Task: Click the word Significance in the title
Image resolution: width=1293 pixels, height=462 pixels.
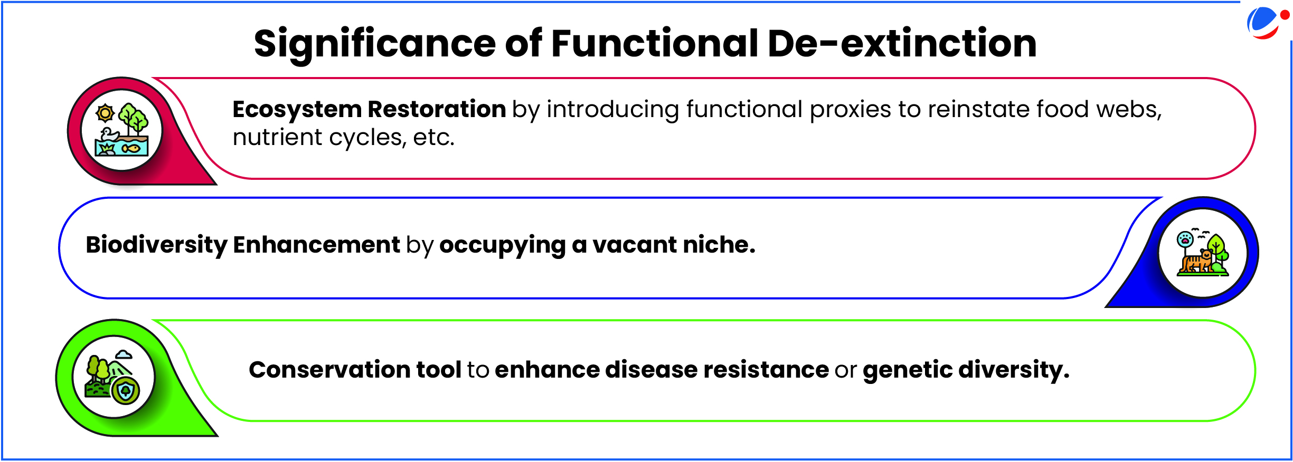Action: click(375, 44)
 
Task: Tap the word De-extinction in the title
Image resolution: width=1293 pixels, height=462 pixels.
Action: click(902, 43)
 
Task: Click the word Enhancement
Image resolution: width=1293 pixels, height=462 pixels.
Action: click(317, 245)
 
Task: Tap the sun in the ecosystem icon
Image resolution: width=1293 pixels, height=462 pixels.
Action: click(105, 113)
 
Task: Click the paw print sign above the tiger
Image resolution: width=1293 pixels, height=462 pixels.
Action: click(1184, 240)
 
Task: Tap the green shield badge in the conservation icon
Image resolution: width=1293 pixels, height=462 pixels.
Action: click(126, 391)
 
